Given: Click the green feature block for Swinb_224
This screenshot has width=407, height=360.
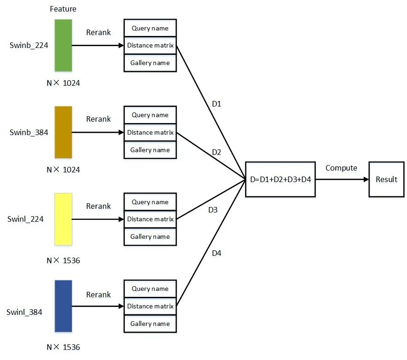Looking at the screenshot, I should (x=63, y=45).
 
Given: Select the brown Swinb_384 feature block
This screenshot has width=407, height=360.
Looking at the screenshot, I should (x=63, y=132).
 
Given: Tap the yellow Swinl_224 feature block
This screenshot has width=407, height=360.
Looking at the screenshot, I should (x=63, y=219).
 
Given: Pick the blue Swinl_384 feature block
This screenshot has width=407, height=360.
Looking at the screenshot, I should (x=63, y=306).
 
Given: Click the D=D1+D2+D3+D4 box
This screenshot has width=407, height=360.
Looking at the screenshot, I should (x=280, y=179).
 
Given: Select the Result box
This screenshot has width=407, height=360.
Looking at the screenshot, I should (x=386, y=179).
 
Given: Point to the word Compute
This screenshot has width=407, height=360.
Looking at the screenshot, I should (x=341, y=168).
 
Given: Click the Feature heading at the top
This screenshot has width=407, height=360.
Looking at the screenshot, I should (x=63, y=9).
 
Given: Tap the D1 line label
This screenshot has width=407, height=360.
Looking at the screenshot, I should (x=216, y=104).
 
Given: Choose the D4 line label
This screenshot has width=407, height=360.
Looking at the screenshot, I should (x=216, y=253).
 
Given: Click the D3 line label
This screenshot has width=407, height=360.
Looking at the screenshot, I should (x=213, y=210).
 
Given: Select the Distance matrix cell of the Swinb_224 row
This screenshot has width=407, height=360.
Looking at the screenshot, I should (x=150, y=45).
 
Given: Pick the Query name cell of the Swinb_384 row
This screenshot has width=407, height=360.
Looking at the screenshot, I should (x=150, y=115).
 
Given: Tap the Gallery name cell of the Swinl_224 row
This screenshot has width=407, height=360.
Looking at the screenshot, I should (x=150, y=236).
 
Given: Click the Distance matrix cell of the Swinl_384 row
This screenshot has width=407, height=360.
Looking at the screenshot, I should (x=150, y=306).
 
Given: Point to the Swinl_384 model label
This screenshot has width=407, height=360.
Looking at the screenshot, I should (x=24, y=312).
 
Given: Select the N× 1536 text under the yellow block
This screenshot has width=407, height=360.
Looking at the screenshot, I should (x=63, y=260).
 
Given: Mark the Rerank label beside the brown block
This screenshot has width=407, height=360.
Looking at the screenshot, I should (x=99, y=119).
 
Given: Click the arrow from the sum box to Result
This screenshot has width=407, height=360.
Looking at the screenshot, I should (x=342, y=179).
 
